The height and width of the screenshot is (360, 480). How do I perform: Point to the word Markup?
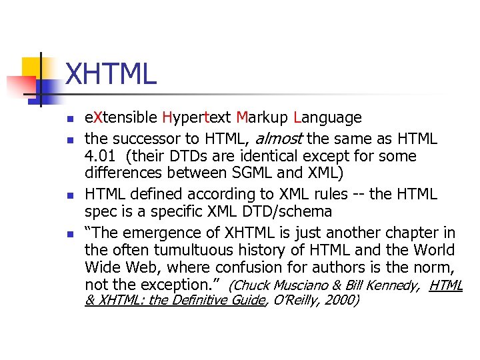(262, 118)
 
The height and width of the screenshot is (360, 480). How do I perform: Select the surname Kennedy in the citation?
(393, 286)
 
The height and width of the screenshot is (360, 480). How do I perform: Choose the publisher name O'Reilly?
(293, 301)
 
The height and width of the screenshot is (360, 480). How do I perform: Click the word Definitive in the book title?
(200, 301)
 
